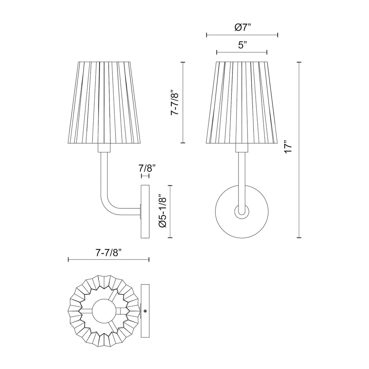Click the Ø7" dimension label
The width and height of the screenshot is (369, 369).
242,28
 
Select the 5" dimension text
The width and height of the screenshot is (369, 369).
242,45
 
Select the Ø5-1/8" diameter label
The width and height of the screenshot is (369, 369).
163,211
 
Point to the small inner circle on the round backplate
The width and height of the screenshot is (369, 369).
242,211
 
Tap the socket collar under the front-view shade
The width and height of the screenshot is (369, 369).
242,148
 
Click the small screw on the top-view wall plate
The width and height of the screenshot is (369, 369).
145,311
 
